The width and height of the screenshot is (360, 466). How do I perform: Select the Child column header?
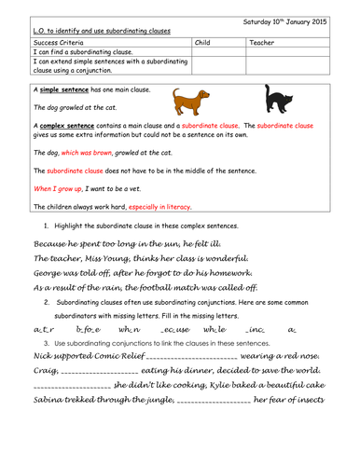coord(205,43)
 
